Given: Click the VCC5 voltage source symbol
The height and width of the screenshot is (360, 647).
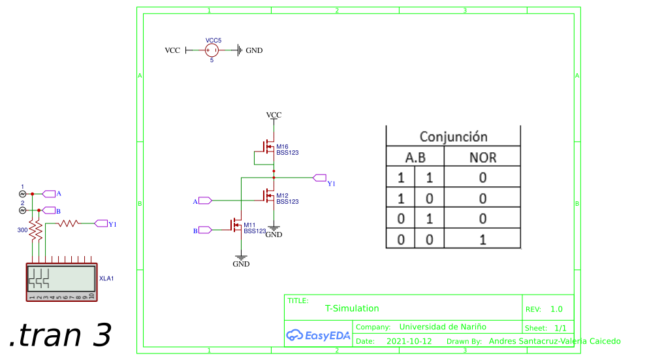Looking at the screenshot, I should [212, 50].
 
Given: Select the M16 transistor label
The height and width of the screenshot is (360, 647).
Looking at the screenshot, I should [282, 146].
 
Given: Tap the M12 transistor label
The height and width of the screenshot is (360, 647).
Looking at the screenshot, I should [282, 196].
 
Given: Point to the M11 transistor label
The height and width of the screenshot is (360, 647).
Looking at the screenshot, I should [250, 225].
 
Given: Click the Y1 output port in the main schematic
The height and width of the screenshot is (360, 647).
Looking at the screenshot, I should [320, 177].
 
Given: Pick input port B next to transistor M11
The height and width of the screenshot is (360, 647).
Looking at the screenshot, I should [205, 229].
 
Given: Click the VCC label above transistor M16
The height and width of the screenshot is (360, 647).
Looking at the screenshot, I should [274, 115].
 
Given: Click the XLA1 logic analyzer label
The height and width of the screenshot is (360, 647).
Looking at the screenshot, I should [106, 278].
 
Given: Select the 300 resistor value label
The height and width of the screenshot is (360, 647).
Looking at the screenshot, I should [22, 230].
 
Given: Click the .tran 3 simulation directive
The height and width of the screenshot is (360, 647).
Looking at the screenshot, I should [60, 335].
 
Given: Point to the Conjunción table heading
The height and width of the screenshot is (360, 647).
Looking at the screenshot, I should [453, 137].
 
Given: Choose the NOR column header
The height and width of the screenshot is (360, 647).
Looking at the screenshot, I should [482, 157].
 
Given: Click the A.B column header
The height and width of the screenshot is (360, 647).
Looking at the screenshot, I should [415, 157].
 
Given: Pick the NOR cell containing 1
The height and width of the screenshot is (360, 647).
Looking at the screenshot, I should [482, 239].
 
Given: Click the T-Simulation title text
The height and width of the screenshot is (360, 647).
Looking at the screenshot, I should [352, 308].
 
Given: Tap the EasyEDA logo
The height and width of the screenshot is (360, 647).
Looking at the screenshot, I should [319, 335].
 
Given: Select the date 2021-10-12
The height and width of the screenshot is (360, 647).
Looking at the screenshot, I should [409, 341].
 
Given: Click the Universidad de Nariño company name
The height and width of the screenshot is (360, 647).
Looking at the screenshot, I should [443, 327].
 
